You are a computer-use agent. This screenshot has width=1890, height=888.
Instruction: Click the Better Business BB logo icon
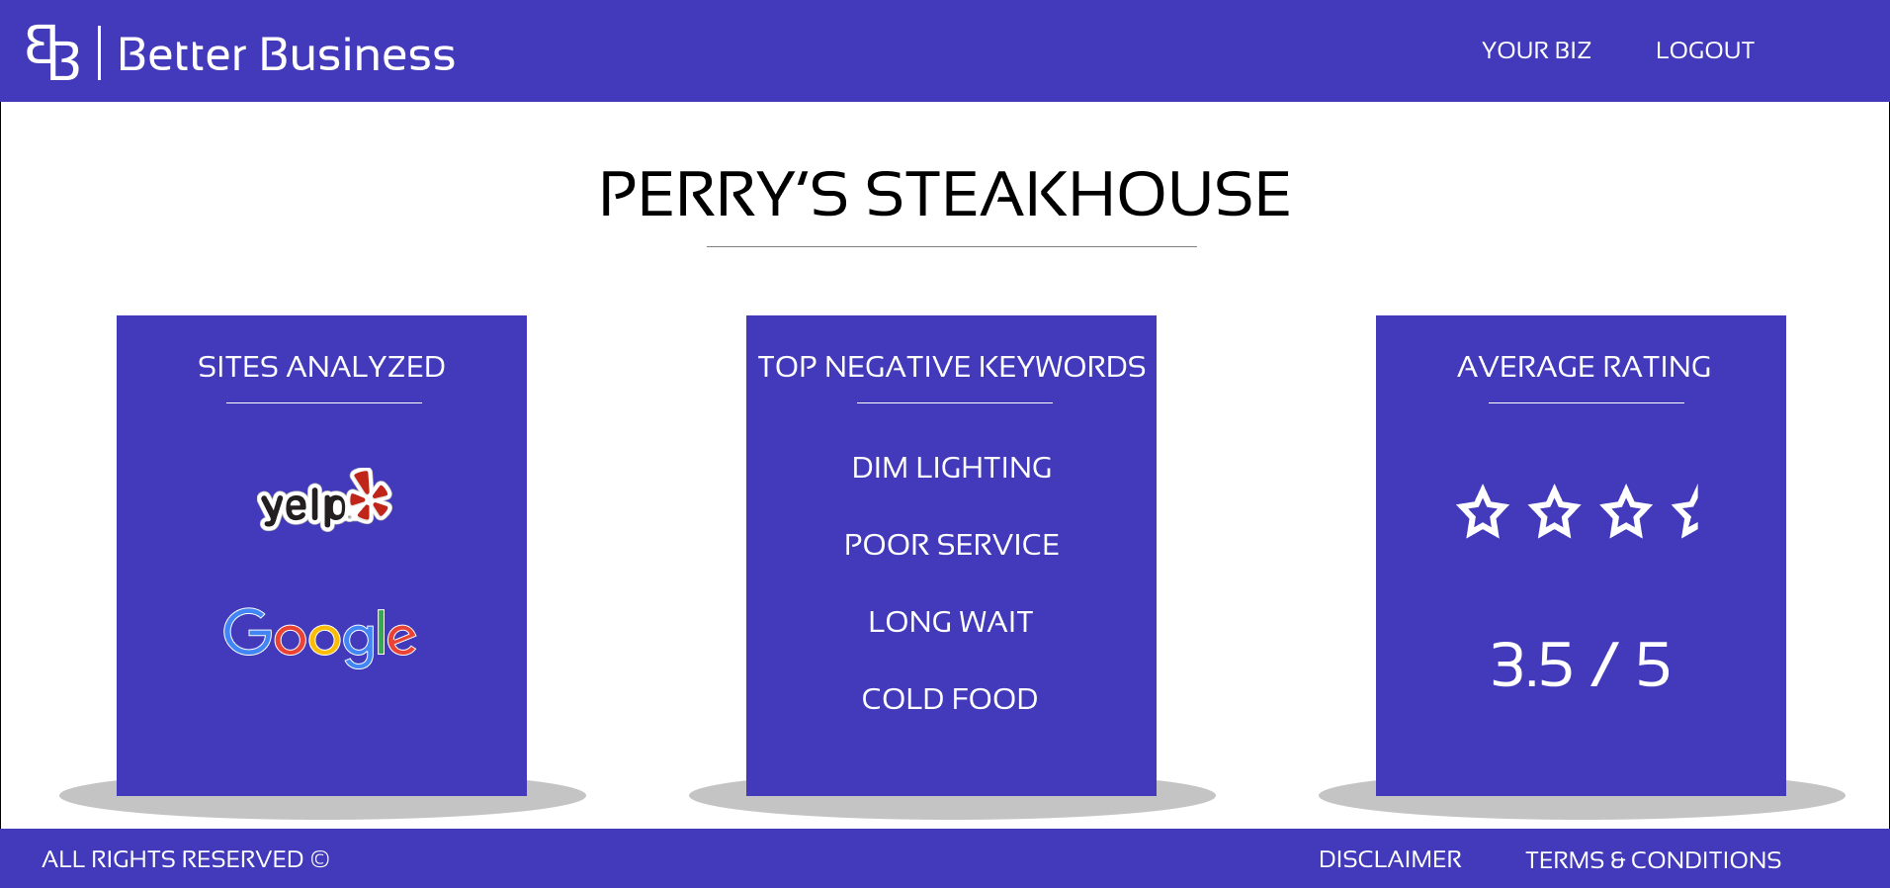[x=52, y=52]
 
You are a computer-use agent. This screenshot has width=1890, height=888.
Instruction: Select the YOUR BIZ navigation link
[x=1536, y=50]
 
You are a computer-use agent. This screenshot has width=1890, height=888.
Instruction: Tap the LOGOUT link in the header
[x=1705, y=50]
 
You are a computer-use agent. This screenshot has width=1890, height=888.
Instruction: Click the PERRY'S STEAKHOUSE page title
[x=945, y=194]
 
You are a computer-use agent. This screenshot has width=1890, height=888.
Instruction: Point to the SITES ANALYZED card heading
[x=321, y=367]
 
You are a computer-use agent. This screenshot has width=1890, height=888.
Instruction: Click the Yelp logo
[x=324, y=499]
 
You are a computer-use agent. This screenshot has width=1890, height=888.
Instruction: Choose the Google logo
[x=320, y=637]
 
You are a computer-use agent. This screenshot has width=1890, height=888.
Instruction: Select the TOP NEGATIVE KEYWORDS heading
[x=952, y=367]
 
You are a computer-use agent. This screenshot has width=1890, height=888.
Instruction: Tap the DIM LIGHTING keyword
[x=952, y=468]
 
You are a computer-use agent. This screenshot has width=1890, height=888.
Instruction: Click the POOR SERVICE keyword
[x=952, y=545]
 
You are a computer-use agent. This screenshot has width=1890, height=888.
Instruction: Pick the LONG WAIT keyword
[x=951, y=622]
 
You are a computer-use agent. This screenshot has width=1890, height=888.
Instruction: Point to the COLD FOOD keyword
[x=950, y=699]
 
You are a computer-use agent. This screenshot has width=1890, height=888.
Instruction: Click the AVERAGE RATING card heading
[x=1584, y=367]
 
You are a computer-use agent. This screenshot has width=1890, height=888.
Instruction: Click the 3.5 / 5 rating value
[x=1581, y=665]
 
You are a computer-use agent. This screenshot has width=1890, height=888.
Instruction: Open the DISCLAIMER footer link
[x=1390, y=859]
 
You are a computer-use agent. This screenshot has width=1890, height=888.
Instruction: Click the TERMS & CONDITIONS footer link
[x=1653, y=859]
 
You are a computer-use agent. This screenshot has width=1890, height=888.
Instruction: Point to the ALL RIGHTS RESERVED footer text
[x=185, y=859]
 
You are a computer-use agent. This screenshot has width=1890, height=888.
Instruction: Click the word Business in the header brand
[x=357, y=54]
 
